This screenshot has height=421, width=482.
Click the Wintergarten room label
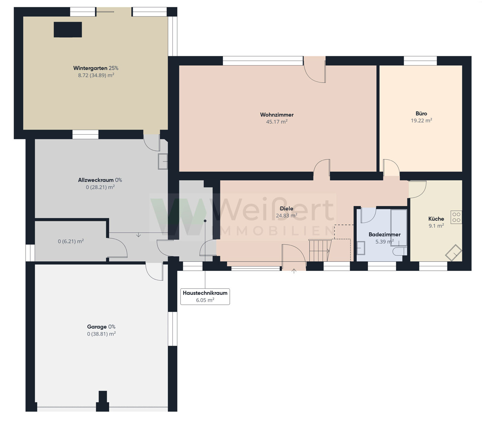[x=96, y=68]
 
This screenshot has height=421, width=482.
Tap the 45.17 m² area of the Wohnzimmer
[x=277, y=122]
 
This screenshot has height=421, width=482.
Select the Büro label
[x=421, y=114]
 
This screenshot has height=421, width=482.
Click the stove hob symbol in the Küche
[x=456, y=217]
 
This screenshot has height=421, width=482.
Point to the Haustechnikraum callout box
[x=205, y=296]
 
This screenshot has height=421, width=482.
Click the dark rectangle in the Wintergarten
[x=68, y=30]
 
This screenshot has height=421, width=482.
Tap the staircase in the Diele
[x=320, y=250]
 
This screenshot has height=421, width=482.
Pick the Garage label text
[x=97, y=327]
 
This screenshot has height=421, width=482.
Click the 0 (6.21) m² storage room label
[x=71, y=241]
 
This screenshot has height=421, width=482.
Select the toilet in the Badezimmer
[x=400, y=251]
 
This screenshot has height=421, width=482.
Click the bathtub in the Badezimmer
[x=399, y=228]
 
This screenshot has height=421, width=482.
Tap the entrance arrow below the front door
[x=294, y=271]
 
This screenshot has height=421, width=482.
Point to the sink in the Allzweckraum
[x=163, y=161]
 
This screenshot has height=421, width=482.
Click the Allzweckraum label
[x=96, y=180]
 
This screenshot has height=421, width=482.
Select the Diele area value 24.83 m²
[x=286, y=216]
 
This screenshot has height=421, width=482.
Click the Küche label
[x=436, y=219]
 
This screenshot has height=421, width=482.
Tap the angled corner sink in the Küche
[x=453, y=253]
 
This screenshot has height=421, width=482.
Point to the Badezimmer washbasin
[x=361, y=248]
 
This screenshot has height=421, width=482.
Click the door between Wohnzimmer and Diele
[x=321, y=168]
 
